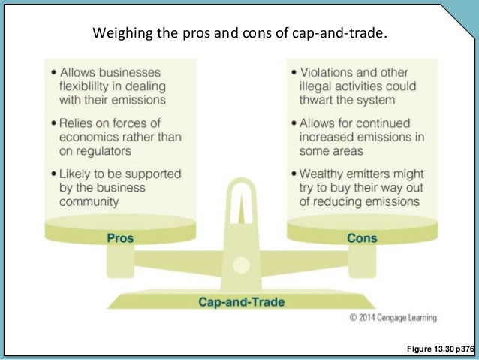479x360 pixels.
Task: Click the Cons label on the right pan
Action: [x=362, y=238]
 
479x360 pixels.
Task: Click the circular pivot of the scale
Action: [x=240, y=265]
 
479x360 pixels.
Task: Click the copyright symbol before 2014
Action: [x=354, y=318]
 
